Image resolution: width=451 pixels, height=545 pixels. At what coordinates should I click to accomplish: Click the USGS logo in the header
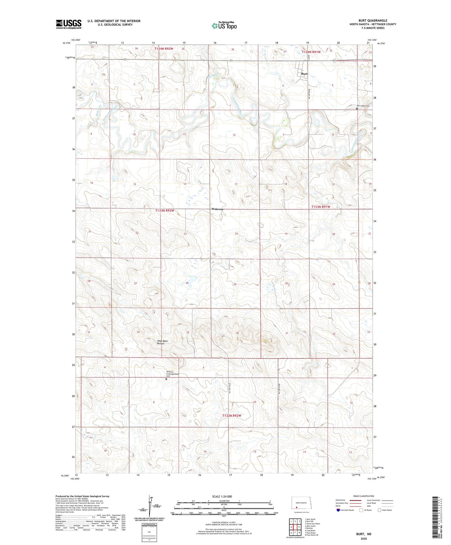click(x=68, y=24)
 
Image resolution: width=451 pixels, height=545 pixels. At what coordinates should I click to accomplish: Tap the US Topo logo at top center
click(x=224, y=26)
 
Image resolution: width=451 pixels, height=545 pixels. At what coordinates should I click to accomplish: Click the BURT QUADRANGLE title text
click(x=373, y=21)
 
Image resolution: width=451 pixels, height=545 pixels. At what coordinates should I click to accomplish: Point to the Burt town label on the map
click(x=304, y=74)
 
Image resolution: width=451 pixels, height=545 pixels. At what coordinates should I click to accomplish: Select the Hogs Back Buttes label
click(x=162, y=342)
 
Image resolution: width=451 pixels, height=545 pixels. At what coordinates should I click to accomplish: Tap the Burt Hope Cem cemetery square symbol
click(x=357, y=109)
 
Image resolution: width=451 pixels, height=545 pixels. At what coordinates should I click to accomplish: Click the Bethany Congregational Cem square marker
click(x=166, y=379)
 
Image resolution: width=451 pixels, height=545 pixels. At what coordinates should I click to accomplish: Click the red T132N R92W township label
click(x=232, y=416)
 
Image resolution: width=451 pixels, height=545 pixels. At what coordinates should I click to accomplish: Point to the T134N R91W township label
click(x=311, y=52)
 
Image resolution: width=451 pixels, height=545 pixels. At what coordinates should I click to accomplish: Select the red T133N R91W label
click(x=321, y=207)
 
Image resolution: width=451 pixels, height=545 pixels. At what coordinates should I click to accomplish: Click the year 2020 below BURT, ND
click(x=364, y=538)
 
